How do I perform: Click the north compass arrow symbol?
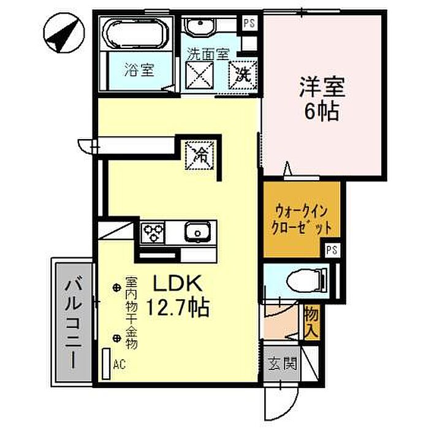tap(64, 33)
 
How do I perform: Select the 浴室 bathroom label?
tap(139, 70)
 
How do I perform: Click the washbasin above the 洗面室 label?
tap(200, 27)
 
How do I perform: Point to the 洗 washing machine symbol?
tap(243, 74)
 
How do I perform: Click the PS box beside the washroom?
tap(249, 23)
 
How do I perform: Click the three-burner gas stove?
tap(153, 232)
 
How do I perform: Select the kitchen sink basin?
tap(197, 232)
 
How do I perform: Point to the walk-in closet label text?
tap(302, 219)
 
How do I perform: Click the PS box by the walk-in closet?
tap(332, 250)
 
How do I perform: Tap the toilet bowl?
tap(308, 281)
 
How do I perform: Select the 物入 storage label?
tap(312, 322)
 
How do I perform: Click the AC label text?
tap(120, 365)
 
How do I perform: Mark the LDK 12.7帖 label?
tap(178, 295)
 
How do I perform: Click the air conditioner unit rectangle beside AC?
tap(106, 363)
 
